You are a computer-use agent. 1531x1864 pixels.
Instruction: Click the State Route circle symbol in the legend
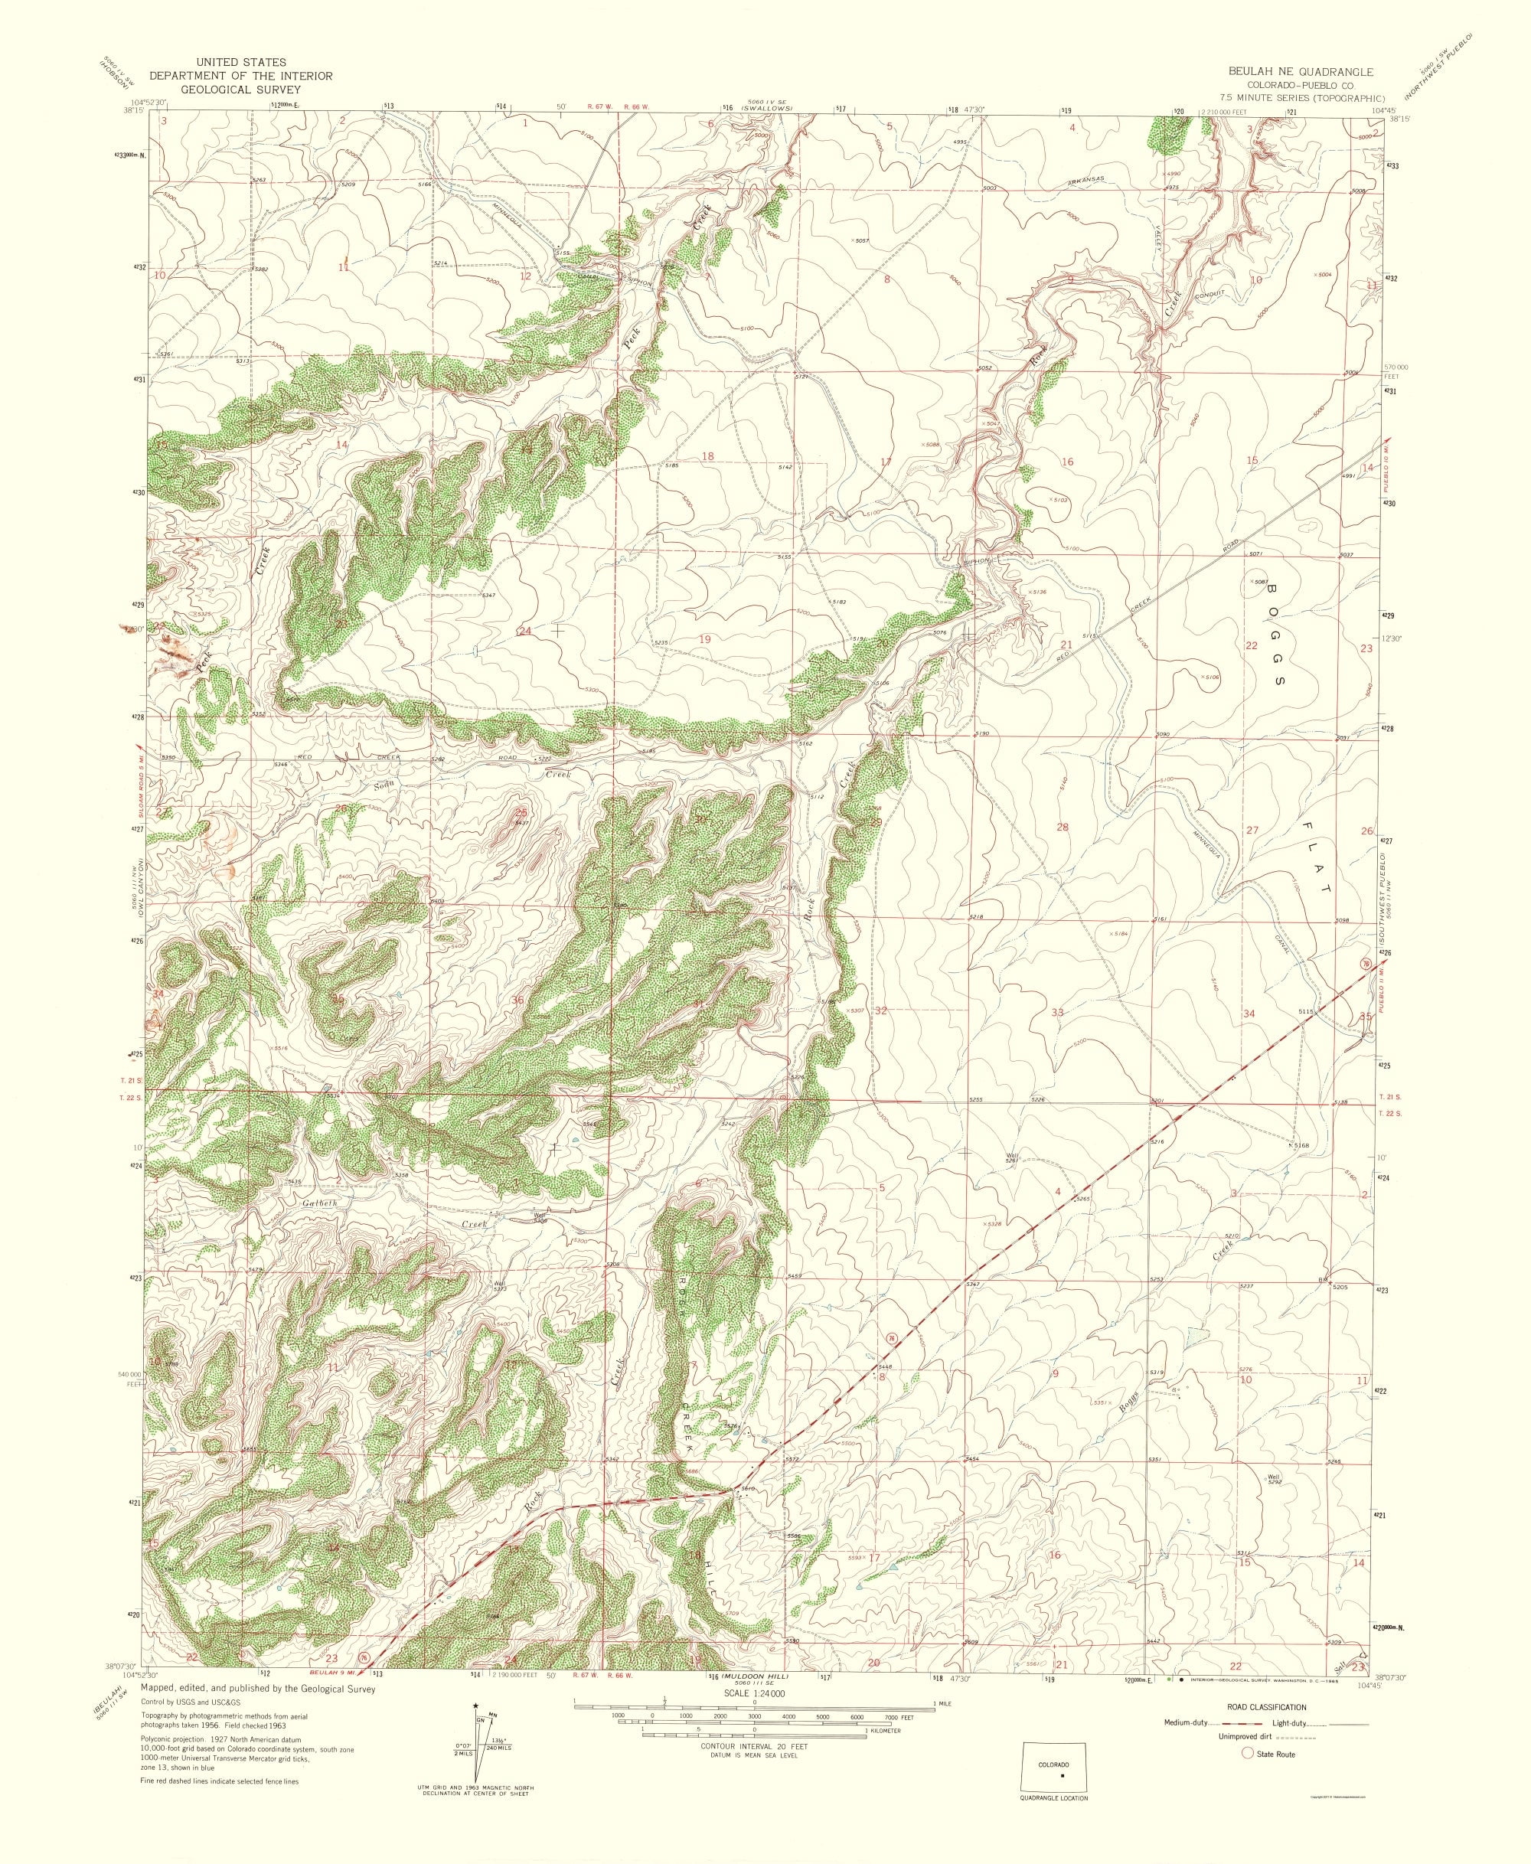coord(1247,1778)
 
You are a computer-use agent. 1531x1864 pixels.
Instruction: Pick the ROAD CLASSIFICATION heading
coord(1271,1732)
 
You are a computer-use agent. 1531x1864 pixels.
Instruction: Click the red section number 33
coord(1056,1011)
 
